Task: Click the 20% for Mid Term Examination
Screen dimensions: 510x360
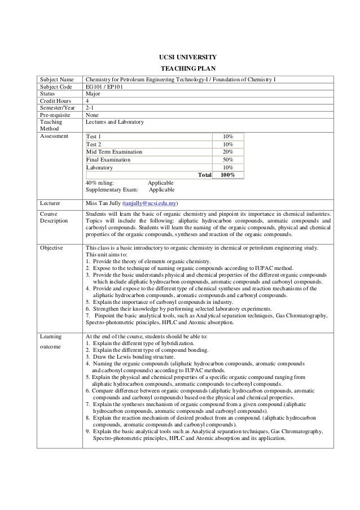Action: click(x=228, y=152)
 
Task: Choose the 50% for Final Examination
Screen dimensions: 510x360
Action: click(x=228, y=160)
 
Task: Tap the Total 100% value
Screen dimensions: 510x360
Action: click(x=228, y=176)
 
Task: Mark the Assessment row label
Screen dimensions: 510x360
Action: click(x=54, y=136)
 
